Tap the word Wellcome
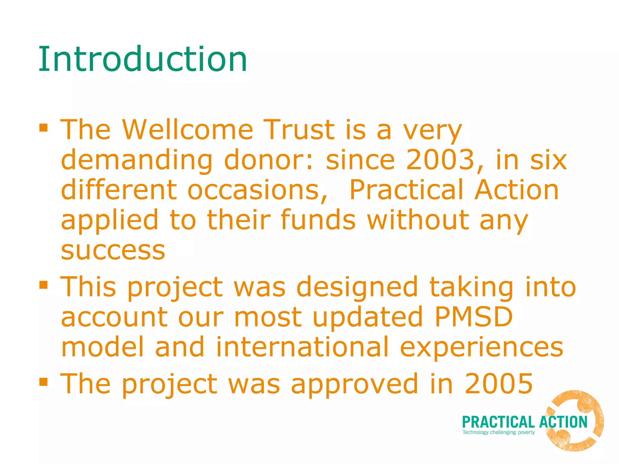pos(187,130)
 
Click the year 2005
pos(499,384)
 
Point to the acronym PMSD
pos(474,317)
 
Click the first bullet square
pos(44,127)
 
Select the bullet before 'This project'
pos(44,285)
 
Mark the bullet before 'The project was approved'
pos(44,382)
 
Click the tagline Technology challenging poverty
pos(498,432)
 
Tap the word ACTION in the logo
pos(563,422)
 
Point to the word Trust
pos(299,130)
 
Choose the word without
pos(418,220)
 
